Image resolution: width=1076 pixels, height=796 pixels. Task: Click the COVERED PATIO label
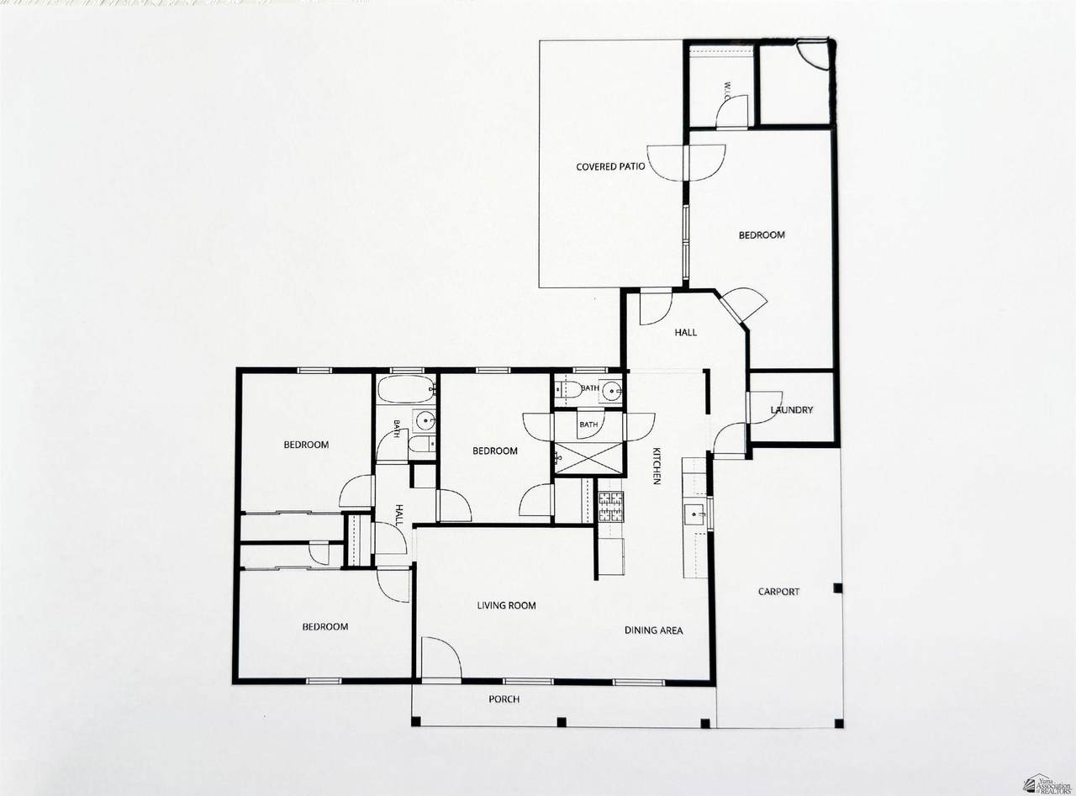coord(610,166)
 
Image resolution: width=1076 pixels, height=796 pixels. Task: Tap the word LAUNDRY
coord(791,410)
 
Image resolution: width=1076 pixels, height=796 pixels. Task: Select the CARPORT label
coord(778,591)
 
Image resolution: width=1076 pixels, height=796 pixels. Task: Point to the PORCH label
coord(504,699)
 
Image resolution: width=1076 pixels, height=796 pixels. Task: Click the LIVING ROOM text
coord(506,605)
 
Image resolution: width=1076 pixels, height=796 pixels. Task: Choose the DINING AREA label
coord(653,630)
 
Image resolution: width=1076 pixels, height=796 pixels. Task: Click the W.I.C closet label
coord(726,91)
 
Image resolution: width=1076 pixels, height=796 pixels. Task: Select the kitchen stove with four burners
coord(611,506)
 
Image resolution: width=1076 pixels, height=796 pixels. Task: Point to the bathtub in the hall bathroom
coord(406,389)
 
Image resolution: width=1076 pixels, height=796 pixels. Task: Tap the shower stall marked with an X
coord(588,458)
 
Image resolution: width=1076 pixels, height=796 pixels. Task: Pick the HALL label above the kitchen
coord(685,332)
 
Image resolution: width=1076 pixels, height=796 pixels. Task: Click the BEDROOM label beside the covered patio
coord(762,235)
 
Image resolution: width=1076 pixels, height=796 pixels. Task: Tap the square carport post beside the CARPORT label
coord(838,588)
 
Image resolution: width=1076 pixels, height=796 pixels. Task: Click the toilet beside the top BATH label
coord(568,389)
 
